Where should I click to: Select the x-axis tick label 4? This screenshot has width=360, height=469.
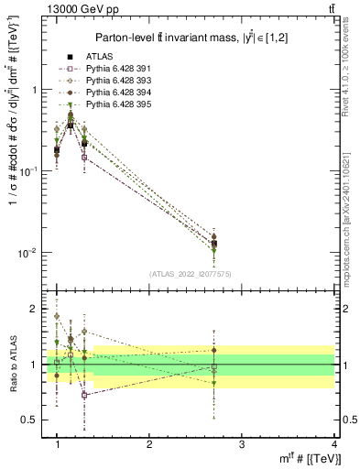(x=333, y=444)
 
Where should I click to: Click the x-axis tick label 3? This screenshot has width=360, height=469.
(x=241, y=444)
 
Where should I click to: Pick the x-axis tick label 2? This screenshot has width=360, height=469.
(x=149, y=444)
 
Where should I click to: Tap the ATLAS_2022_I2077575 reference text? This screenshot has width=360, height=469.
(x=191, y=274)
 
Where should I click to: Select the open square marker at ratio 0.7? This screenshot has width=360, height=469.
(x=84, y=395)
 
